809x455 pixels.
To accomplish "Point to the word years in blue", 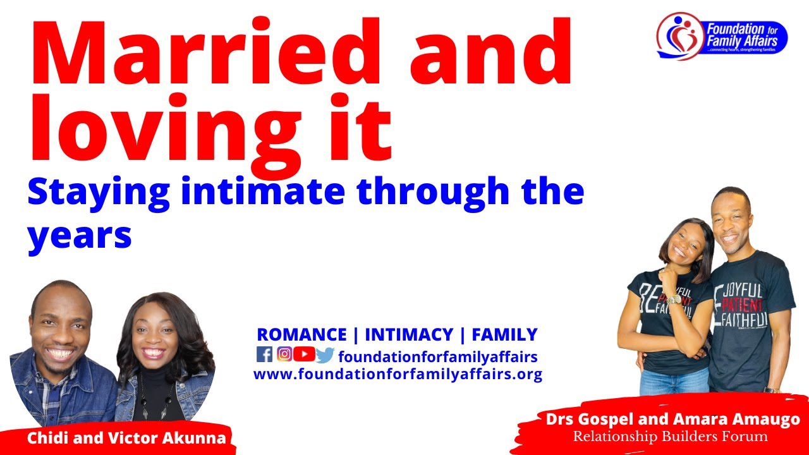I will coord(79,234).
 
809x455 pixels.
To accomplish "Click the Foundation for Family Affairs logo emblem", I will coord(680,35).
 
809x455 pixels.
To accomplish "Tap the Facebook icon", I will coord(264,355).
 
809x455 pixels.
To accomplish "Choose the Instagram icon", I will coord(284,355).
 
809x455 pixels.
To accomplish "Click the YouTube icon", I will coord(304,355).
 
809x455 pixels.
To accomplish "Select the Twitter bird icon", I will coord(325,355).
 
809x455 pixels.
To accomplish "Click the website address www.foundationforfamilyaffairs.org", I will coord(398,374).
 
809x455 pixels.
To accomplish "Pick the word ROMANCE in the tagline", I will coord(301,334).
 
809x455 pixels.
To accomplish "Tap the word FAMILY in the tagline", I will coord(504,334).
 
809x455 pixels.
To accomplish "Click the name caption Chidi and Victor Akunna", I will coord(126,438).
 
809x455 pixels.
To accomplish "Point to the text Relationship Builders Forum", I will coord(670,437).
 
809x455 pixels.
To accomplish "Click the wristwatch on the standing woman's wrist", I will coord(674,299).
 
